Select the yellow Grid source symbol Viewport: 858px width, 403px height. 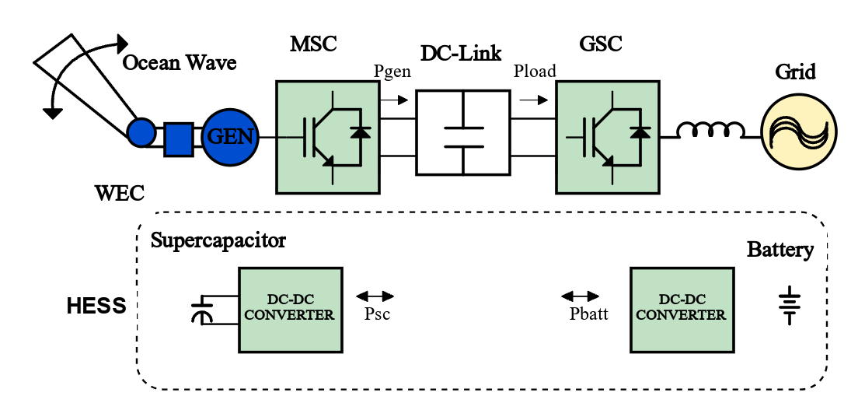(x=797, y=134)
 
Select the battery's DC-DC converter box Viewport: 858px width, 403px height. (x=681, y=310)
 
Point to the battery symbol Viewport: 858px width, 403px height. (x=789, y=307)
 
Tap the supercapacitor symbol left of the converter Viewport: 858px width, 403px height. (x=201, y=310)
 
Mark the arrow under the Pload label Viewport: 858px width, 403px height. (x=534, y=100)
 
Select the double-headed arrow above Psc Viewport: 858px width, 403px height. (x=375, y=296)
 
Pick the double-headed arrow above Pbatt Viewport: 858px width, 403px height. (x=580, y=296)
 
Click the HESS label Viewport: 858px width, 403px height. (x=96, y=306)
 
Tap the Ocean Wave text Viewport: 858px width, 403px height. (x=180, y=62)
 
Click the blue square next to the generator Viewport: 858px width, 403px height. (x=178, y=139)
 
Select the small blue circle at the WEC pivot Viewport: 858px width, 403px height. (x=141, y=132)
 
